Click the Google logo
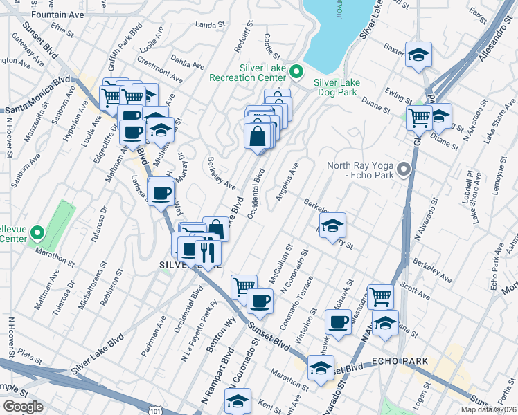point(23,407)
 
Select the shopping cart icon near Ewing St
point(419,118)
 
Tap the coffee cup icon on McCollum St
point(260,301)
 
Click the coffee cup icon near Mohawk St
point(339,322)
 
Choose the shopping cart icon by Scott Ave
point(380,297)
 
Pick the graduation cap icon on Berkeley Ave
point(333,225)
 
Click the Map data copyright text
point(488,409)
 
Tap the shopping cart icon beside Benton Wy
point(244,286)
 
